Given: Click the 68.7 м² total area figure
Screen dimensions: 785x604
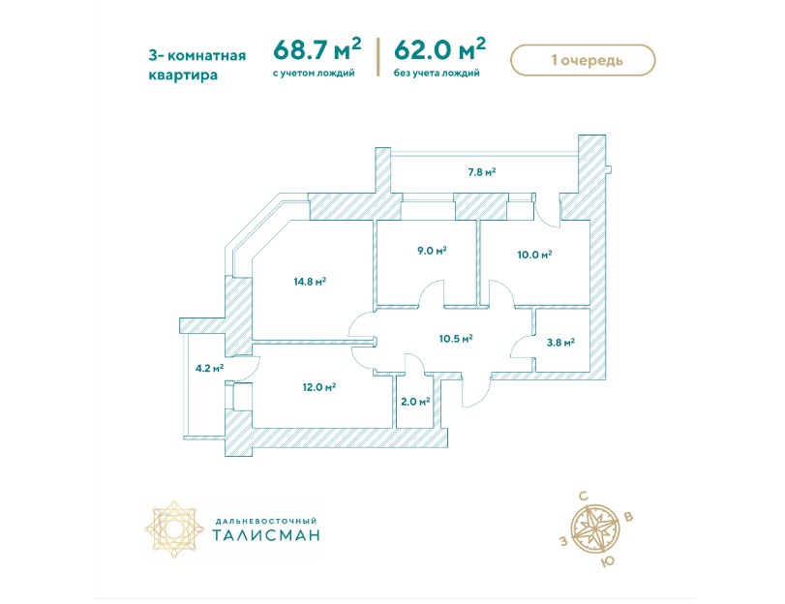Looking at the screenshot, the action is [317, 48].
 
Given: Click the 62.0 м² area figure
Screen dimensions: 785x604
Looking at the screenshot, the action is [440, 48].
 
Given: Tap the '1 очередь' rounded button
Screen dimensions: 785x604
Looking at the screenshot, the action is [583, 60].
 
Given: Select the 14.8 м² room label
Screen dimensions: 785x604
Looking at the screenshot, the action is [310, 282].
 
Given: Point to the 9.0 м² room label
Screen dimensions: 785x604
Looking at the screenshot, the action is [432, 250].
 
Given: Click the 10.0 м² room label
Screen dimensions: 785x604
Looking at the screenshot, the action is [534, 255].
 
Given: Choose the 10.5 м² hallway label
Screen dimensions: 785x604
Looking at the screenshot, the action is [456, 339].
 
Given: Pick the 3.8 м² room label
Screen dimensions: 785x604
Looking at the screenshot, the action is [560, 343].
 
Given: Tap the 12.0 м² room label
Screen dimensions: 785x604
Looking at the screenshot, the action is [318, 387].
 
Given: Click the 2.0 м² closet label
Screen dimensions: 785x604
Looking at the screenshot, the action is [415, 401].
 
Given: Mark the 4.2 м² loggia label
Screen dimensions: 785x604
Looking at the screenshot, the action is [209, 369].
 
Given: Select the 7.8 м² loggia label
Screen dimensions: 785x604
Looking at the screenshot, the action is [482, 172].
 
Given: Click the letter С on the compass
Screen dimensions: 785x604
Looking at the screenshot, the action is [584, 497].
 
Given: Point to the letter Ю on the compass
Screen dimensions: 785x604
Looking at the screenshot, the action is [607, 561].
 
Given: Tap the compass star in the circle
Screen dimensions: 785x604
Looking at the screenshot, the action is [595, 528].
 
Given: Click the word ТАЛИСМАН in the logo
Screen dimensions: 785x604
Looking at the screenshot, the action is [266, 535].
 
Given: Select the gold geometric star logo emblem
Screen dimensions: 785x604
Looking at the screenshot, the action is [175, 528].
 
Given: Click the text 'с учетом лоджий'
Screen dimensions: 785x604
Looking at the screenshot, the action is [314, 74].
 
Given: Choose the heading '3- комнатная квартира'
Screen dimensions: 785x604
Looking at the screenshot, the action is [197, 65].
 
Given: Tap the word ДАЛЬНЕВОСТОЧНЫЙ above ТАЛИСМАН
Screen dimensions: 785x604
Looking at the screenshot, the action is [266, 522].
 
